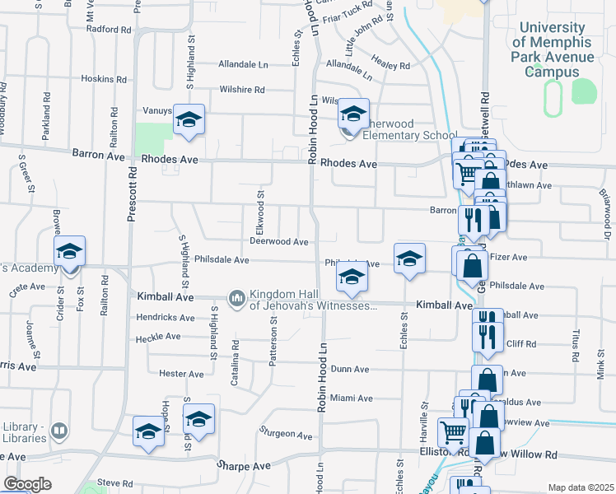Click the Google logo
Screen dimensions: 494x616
pyautogui.click(x=27, y=484)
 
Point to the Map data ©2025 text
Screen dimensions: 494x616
pyautogui.click(x=581, y=487)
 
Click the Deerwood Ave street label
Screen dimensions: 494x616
pyautogui.click(x=279, y=242)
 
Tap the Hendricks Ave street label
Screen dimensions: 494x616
pyautogui.click(x=164, y=317)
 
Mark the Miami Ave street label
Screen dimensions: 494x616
pyautogui.click(x=352, y=398)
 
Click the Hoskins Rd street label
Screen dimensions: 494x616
pyautogui.click(x=104, y=80)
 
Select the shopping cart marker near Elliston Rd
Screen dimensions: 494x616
pyautogui.click(x=453, y=431)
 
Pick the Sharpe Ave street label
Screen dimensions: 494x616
pyautogui.click(x=244, y=466)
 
